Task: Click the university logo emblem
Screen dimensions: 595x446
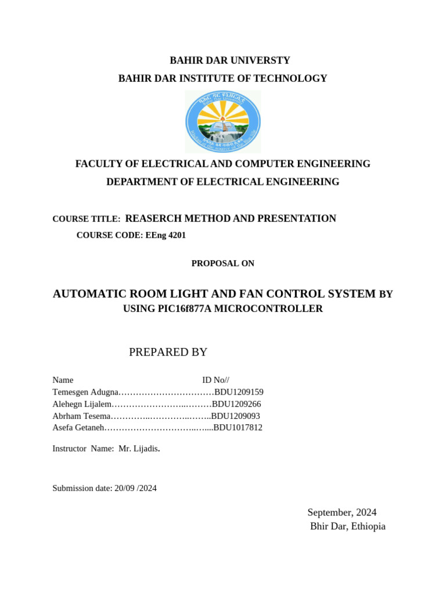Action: (223, 122)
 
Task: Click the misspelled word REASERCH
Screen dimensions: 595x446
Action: (153, 218)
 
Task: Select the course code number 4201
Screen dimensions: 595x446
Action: (175, 235)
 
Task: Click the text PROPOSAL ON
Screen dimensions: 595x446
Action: (223, 263)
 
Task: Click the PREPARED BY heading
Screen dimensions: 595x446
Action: (168, 352)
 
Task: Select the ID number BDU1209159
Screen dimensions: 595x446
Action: (239, 392)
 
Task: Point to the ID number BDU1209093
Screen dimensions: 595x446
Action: (235, 416)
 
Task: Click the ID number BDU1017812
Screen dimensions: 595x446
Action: (238, 428)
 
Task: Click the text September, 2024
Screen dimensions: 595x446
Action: (342, 512)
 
